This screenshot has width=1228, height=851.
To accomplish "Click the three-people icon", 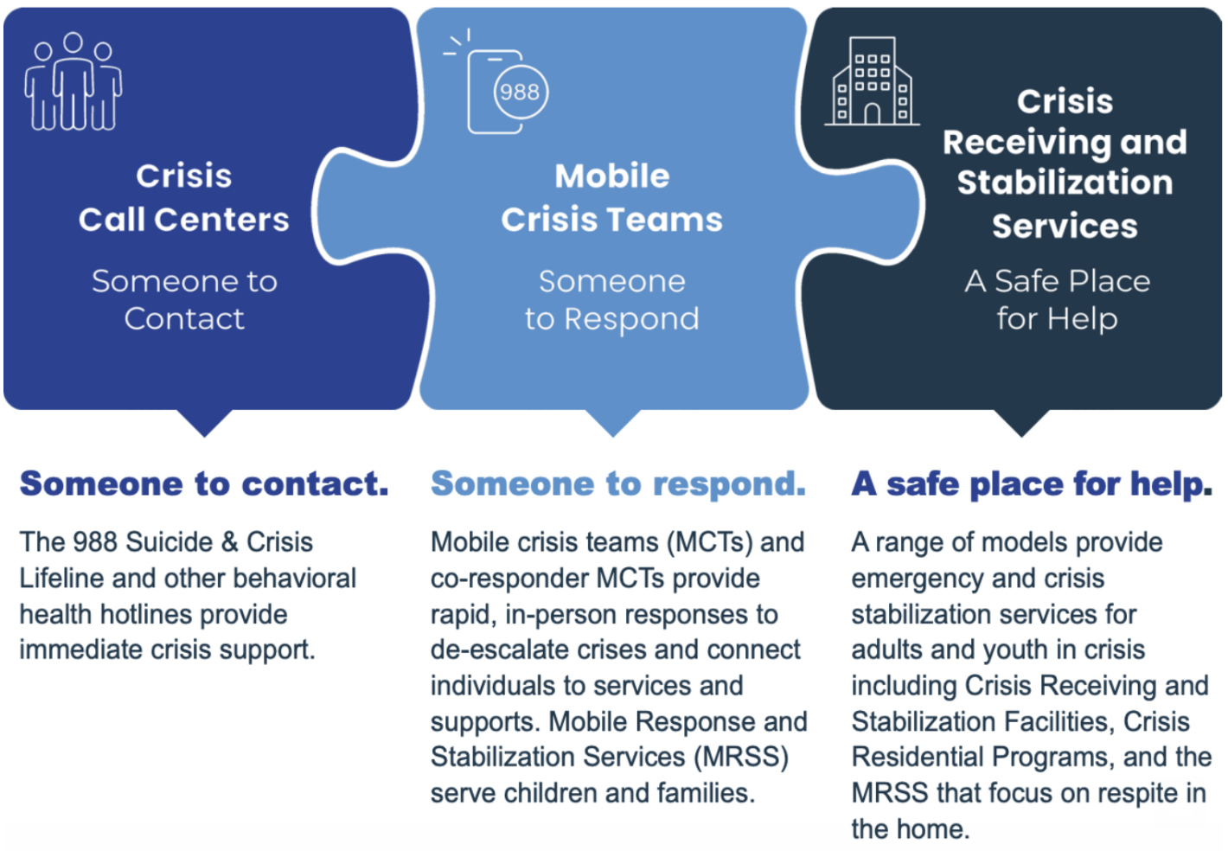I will click(74, 83).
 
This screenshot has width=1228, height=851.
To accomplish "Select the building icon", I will click(872, 83).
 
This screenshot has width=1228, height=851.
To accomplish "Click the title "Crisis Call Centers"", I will click(184, 198).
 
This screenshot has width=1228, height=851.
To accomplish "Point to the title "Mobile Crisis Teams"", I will click(612, 198).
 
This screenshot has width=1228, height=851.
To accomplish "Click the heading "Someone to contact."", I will click(205, 484).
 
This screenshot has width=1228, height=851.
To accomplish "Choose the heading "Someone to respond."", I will click(618, 484).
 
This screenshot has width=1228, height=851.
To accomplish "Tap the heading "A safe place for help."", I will click(1032, 484).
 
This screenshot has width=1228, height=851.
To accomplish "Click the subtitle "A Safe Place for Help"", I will click(1058, 300).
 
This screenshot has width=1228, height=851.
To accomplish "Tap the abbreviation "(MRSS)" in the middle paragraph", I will click(741, 758).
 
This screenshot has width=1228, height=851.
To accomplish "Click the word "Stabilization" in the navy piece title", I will click(1065, 183).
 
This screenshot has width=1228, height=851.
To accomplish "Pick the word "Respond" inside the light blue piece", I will click(631, 320).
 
